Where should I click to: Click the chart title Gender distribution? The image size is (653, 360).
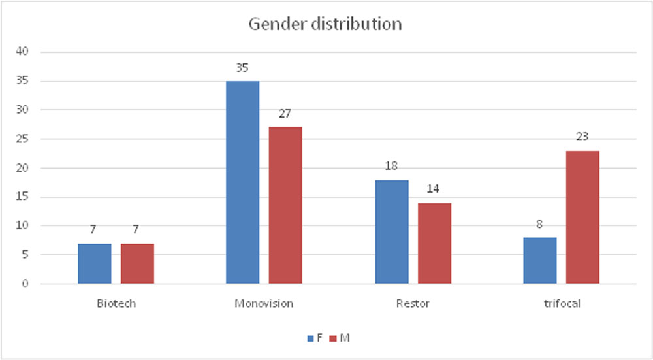click(325, 24)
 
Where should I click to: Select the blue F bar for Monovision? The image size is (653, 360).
click(243, 182)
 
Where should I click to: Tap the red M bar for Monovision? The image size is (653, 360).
click(285, 205)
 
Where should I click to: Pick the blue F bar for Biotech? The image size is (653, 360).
click(95, 264)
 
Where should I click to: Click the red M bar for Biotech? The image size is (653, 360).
click(137, 264)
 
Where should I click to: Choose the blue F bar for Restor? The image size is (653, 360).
click(392, 232)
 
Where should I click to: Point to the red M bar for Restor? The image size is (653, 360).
click(434, 243)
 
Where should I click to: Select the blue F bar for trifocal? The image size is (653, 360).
click(540, 261)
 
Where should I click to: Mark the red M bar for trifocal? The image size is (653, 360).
click(582, 218)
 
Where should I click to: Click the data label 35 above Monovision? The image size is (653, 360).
click(242, 68)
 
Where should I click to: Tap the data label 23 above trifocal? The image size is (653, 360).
click(582, 137)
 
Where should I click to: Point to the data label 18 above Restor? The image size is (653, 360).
click(391, 166)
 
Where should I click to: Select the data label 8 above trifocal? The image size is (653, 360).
click(540, 224)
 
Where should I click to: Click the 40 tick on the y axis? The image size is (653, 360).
click(22, 52)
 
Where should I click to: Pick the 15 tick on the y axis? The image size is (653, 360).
click(22, 197)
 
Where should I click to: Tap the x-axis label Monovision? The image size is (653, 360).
click(264, 303)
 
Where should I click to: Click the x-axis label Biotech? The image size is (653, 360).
click(116, 303)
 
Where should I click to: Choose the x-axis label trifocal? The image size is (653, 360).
click(562, 303)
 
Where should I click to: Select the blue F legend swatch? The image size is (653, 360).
click(311, 338)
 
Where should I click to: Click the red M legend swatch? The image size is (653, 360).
click(333, 338)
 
